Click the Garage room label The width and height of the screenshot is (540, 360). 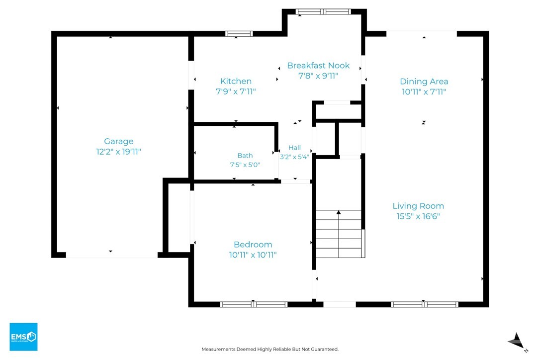click(x=118, y=141)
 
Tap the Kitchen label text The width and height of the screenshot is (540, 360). click(x=236, y=82)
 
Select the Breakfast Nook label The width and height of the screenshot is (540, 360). click(x=318, y=66)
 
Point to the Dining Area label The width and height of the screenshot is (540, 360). click(x=424, y=82)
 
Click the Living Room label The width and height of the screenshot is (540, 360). click(x=418, y=206)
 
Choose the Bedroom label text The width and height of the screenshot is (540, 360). click(x=253, y=245)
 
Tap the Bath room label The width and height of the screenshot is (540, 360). click(x=245, y=156)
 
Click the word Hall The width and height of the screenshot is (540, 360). click(x=294, y=148)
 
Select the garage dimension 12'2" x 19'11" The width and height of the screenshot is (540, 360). click(x=118, y=152)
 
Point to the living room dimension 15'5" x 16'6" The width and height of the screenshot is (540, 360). click(x=418, y=216)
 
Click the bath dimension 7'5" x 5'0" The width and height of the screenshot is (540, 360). click(x=245, y=165)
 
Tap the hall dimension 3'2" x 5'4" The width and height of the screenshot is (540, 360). click(x=294, y=157)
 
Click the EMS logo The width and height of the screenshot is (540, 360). click(x=23, y=337)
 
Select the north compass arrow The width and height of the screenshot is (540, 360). click(x=517, y=342)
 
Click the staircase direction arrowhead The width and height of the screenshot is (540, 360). click(x=339, y=212)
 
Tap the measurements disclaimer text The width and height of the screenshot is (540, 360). click(x=270, y=350)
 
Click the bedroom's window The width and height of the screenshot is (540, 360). click(x=254, y=304)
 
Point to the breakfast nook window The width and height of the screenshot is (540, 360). click(x=323, y=12)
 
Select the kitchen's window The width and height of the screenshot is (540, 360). click(x=239, y=34)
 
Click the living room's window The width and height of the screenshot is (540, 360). click(x=424, y=304)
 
